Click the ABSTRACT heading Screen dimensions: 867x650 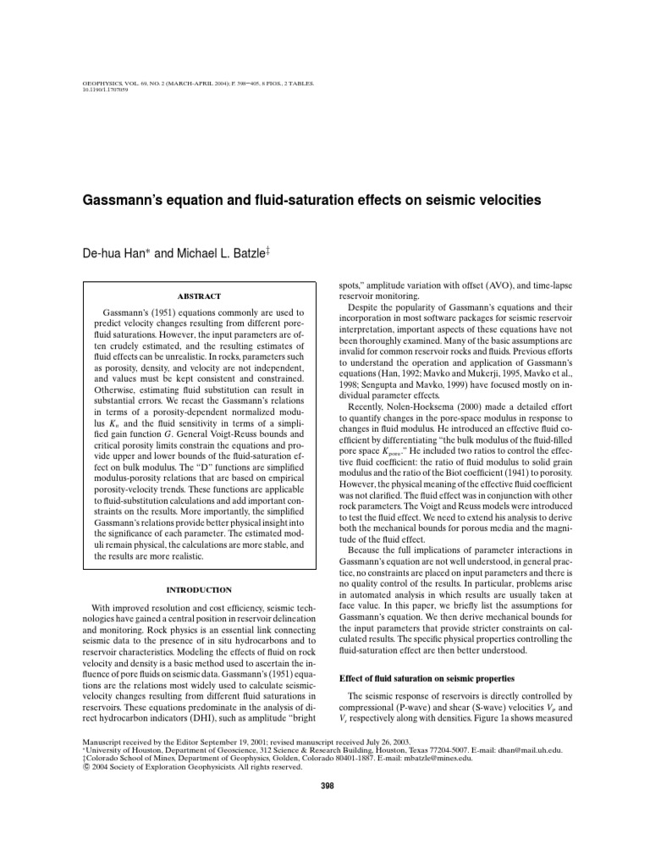tap(199, 296)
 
